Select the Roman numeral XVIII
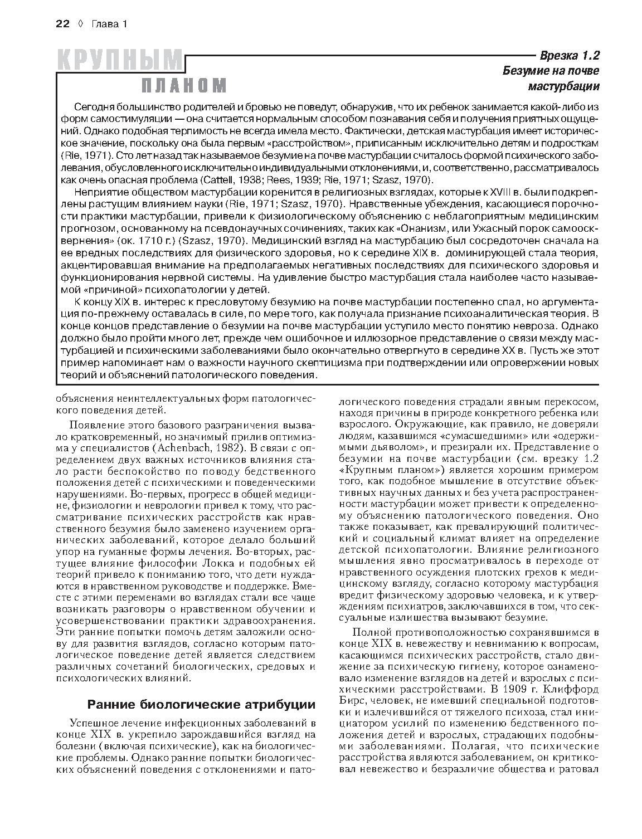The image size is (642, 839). (x=451, y=192)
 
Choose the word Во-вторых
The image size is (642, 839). (x=266, y=550)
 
